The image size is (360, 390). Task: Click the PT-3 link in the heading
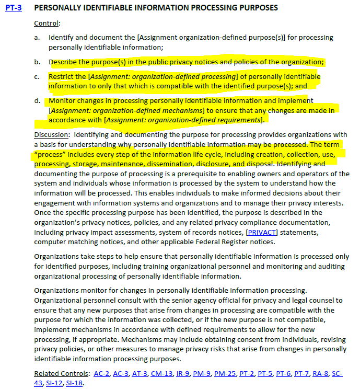point(13,8)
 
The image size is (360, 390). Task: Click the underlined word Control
point(47,24)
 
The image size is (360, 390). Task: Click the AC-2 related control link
point(102,373)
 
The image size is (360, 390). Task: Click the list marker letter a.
point(37,38)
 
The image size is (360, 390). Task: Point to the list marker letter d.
point(37,100)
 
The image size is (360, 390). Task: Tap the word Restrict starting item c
point(62,76)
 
